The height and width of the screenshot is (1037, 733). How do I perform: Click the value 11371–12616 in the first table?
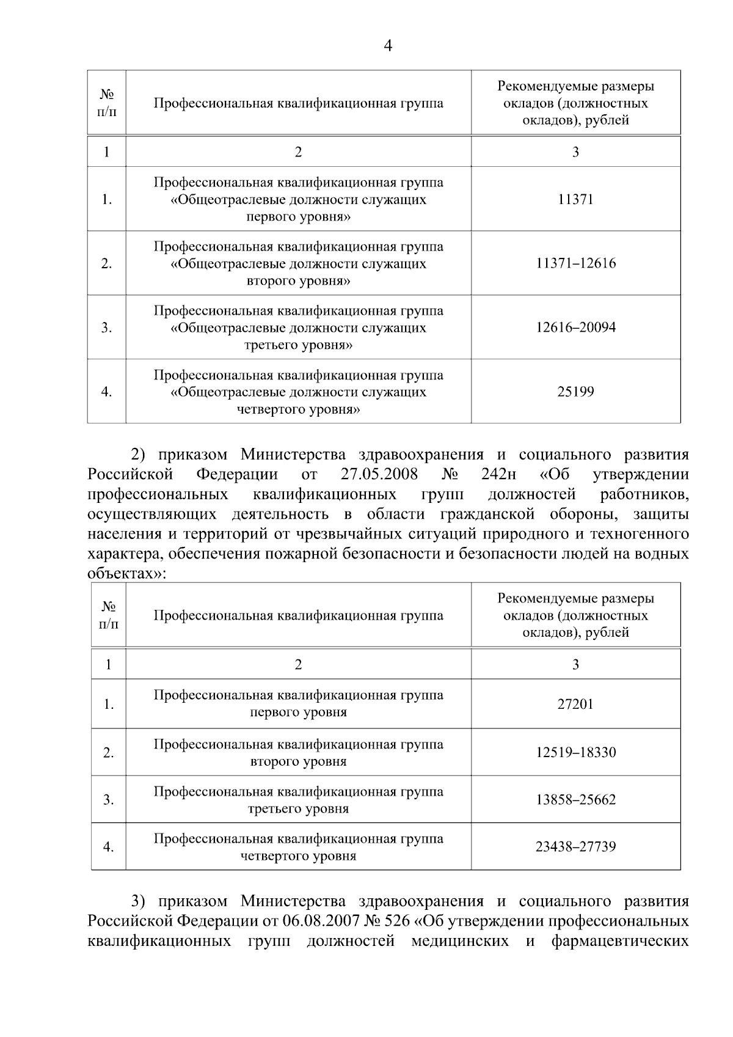[575, 263]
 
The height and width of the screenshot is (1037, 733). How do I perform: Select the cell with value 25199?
[575, 392]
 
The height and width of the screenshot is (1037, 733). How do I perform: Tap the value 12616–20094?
[575, 328]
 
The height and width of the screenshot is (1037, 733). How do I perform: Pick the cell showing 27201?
[575, 704]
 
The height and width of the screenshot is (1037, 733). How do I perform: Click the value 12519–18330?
[575, 752]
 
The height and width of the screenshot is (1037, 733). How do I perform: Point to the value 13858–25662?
[575, 799]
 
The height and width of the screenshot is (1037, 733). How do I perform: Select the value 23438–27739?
[575, 847]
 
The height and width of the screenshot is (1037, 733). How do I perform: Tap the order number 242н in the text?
[497, 475]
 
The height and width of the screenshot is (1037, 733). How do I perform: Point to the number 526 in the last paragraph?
[398, 921]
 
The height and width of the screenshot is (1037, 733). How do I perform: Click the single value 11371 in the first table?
[575, 199]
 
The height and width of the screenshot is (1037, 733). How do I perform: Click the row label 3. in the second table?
[108, 800]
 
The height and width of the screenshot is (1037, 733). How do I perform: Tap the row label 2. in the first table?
[106, 264]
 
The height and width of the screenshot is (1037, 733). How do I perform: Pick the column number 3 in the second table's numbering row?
[575, 664]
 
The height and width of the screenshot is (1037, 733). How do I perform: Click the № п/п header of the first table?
[107, 103]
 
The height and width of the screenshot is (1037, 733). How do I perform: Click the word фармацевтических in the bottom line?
[620, 941]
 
